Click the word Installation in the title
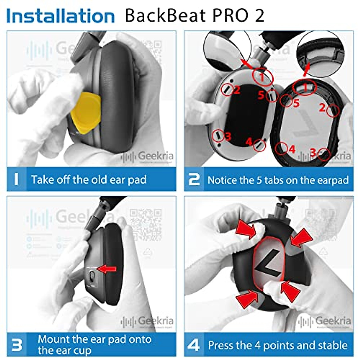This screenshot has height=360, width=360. (x=60, y=16)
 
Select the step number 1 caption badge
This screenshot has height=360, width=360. (x=16, y=179)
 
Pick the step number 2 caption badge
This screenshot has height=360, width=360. (x=194, y=179)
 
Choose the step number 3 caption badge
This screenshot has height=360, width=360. (x=16, y=345)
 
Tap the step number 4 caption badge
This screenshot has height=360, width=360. (x=194, y=345)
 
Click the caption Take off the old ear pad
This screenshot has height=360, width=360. (x=89, y=180)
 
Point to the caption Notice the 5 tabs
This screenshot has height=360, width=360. (x=278, y=180)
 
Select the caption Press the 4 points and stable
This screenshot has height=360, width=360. (x=278, y=345)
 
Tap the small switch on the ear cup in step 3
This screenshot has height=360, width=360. (x=92, y=276)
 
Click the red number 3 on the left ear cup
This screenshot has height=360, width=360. (x=228, y=137)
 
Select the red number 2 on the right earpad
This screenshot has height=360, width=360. (x=322, y=107)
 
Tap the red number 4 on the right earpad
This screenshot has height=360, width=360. (x=292, y=149)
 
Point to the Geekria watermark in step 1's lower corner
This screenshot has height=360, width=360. (x=147, y=156)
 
